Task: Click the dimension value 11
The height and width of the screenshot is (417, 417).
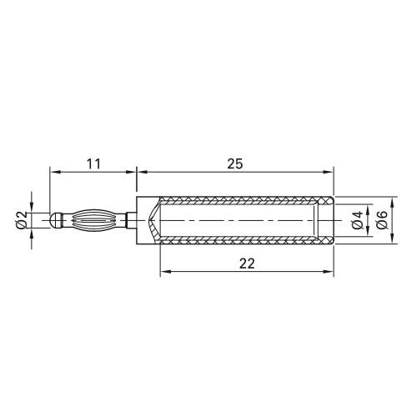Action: click(93, 164)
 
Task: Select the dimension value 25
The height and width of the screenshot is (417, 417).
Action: click(235, 164)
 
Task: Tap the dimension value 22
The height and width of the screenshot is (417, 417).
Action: click(247, 264)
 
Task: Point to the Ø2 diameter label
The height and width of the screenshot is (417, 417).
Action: click(22, 220)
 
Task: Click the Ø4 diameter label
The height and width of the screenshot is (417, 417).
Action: click(358, 220)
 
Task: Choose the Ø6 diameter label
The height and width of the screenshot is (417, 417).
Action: click(381, 220)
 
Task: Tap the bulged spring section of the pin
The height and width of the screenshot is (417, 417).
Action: click(94, 220)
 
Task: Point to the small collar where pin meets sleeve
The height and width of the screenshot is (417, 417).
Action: click(131, 220)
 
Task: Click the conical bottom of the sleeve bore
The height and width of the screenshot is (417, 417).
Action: click(154, 220)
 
